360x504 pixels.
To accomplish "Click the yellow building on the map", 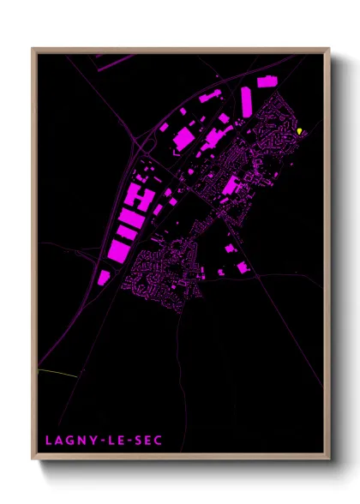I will [x=300, y=131].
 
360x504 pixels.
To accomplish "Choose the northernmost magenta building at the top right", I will [x=267, y=81].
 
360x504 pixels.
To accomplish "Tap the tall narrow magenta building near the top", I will [x=246, y=101].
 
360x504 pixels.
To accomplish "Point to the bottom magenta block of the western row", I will [x=104, y=278].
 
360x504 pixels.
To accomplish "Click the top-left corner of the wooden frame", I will [x=33, y=49].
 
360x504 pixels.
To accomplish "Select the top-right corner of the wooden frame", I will [x=329, y=49].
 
